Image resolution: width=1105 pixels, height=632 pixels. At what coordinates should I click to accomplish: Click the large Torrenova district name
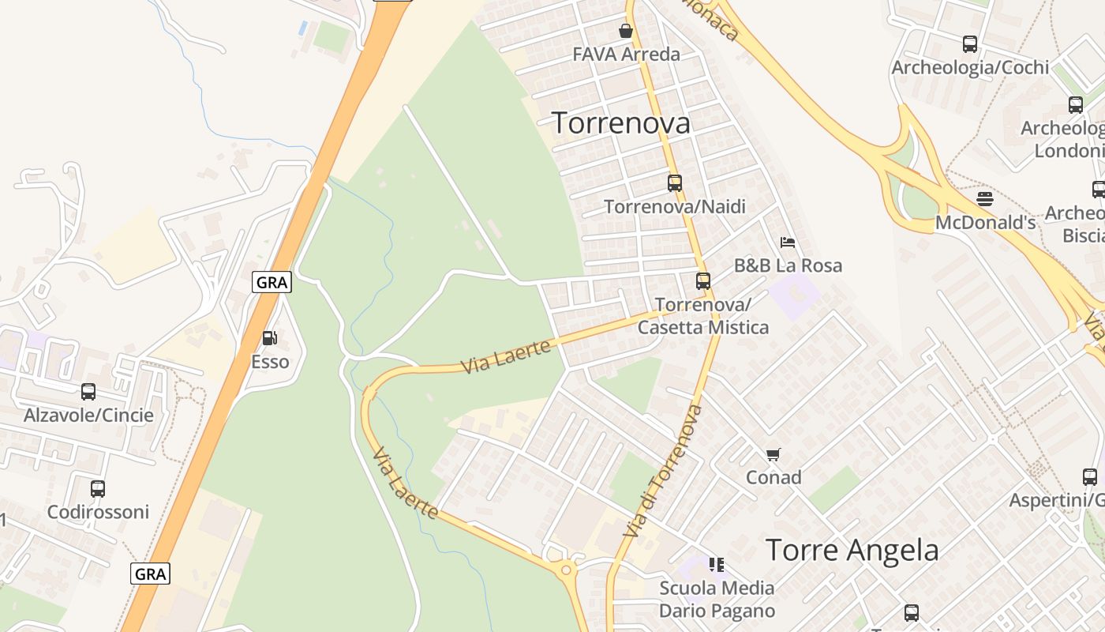point(620,122)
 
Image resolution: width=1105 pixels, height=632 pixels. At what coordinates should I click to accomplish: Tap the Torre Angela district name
point(852,550)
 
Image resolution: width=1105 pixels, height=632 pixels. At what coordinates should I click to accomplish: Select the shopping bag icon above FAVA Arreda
point(626,31)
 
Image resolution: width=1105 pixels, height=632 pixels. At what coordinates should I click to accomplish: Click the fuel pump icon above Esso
point(270,338)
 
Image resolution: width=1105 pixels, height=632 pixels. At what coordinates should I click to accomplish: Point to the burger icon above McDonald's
point(984,198)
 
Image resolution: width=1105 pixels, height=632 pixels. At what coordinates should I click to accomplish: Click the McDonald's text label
point(985,223)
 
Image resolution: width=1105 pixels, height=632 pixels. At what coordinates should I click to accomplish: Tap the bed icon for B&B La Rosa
point(787,242)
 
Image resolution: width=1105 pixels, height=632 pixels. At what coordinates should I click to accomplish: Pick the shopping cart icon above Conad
point(773,454)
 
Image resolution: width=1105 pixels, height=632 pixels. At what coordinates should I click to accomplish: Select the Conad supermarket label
point(773,477)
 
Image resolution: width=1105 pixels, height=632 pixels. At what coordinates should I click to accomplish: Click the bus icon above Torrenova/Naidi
point(675,182)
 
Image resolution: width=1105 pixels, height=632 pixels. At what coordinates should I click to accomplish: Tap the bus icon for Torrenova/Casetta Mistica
point(702,280)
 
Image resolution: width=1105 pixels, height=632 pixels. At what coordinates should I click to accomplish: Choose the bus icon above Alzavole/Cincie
point(88,391)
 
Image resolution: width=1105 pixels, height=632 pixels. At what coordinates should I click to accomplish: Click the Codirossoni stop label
point(98,512)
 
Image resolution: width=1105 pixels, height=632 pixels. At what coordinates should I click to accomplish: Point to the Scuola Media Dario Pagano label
point(717,599)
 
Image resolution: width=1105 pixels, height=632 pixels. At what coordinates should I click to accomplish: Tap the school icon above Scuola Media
point(717,564)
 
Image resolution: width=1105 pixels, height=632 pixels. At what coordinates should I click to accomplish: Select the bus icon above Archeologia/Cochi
point(970,44)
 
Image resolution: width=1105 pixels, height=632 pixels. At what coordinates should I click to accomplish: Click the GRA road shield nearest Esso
point(272,282)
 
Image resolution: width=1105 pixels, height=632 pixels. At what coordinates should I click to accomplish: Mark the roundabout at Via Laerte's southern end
point(565,570)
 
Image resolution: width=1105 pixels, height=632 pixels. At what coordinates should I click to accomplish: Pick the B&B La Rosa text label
point(788,265)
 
